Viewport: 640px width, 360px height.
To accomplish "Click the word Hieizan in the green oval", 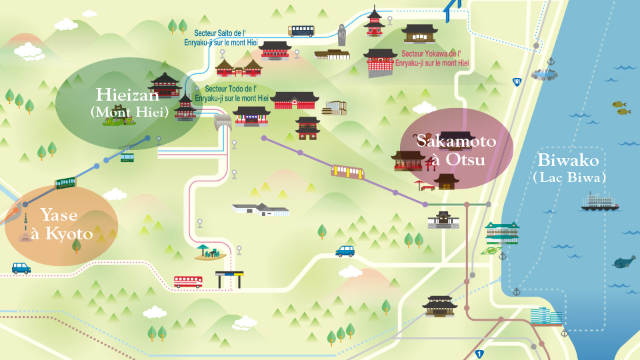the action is click(127, 95).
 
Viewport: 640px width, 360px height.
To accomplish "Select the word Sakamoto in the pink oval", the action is click(456, 141).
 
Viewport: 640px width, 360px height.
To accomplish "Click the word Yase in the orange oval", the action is click(59, 215).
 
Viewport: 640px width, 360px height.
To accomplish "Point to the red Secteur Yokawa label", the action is click(432, 59).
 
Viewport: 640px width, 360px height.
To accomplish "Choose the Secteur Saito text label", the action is click(221, 37).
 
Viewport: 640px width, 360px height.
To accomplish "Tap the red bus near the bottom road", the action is click(188, 281).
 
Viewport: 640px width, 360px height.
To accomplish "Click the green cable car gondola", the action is click(127, 156).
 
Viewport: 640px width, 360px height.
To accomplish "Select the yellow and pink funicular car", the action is click(347, 172).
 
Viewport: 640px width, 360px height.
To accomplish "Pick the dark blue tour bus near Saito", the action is click(301, 31).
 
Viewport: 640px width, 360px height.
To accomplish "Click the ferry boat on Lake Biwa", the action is click(599, 202).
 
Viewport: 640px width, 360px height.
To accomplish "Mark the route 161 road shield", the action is click(517, 82).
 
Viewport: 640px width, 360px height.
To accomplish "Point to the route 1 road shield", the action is click(479, 355).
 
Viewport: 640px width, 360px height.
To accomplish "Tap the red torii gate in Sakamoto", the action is click(431, 164).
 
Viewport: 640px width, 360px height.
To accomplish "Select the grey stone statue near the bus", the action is click(342, 35).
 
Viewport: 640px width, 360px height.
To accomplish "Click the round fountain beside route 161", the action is click(545, 75).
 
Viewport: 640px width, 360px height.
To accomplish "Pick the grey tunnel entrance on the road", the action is click(223, 122).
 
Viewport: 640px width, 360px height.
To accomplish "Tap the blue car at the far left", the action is click(21, 268).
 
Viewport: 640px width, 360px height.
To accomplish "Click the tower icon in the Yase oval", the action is click(25, 228).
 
